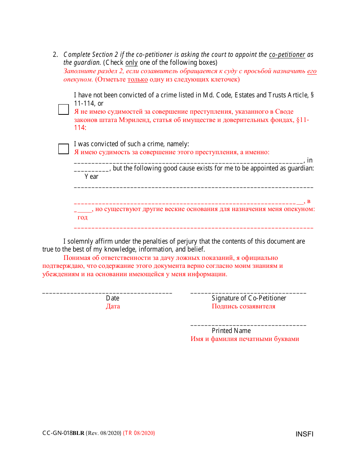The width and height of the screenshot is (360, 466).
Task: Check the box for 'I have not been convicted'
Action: pyautogui.click(x=63, y=109)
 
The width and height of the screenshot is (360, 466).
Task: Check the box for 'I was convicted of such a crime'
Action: pyautogui.click(x=63, y=149)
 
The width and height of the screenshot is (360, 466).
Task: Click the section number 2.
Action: pyautogui.click(x=55, y=55)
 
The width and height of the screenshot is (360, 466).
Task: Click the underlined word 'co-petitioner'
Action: pyautogui.click(x=287, y=55)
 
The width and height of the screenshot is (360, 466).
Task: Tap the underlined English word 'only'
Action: pyautogui.click(x=131, y=63)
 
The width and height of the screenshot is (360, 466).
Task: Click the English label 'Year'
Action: pyautogui.click(x=91, y=177)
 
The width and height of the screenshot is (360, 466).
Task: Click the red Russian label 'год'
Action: pyautogui.click(x=82, y=217)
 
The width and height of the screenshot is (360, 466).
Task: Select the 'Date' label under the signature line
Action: pyautogui.click(x=113, y=298)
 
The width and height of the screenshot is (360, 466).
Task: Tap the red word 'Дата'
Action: pyautogui.click(x=113, y=306)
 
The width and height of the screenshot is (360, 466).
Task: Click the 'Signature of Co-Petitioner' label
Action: pyautogui.click(x=249, y=298)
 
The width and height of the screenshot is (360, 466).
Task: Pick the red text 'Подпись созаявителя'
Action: pyautogui.click(x=243, y=306)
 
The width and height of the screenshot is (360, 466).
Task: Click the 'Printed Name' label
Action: pyautogui.click(x=231, y=331)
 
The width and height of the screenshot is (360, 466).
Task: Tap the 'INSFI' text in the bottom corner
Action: pyautogui.click(x=304, y=434)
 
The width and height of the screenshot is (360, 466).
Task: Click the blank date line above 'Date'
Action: pyautogui.click(x=107, y=293)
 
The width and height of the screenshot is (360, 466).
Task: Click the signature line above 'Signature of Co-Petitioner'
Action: pyautogui.click(x=248, y=293)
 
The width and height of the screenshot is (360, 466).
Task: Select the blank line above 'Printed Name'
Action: pyautogui.click(x=248, y=325)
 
